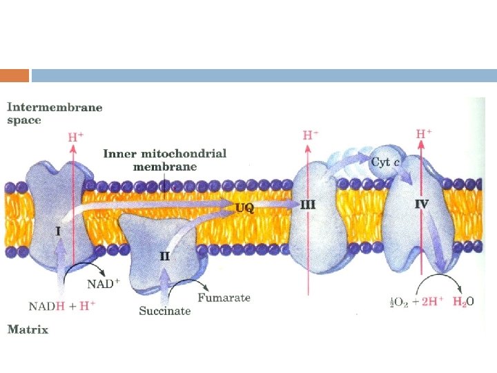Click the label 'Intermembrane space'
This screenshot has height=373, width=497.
coord(55,113)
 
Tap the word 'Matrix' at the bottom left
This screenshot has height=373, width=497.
coord(28,329)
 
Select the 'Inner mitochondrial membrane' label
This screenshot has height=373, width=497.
coord(165,160)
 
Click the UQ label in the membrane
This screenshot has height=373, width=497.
coord(244,207)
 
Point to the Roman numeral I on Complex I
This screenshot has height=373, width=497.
coord(58,230)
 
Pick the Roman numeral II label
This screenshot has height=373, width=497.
coord(166,256)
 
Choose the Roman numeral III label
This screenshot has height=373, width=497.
coord(308,204)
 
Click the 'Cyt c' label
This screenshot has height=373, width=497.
coord(385,162)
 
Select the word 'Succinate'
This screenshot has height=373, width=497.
coord(164,311)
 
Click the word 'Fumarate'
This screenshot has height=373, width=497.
coord(224,298)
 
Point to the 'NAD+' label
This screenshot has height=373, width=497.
coord(103,283)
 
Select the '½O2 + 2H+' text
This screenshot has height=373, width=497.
coord(415,301)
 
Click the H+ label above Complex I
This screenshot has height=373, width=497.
coord(75,137)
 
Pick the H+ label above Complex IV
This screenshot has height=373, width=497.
coord(425,133)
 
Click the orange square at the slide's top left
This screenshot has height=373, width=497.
coord(14,75)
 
